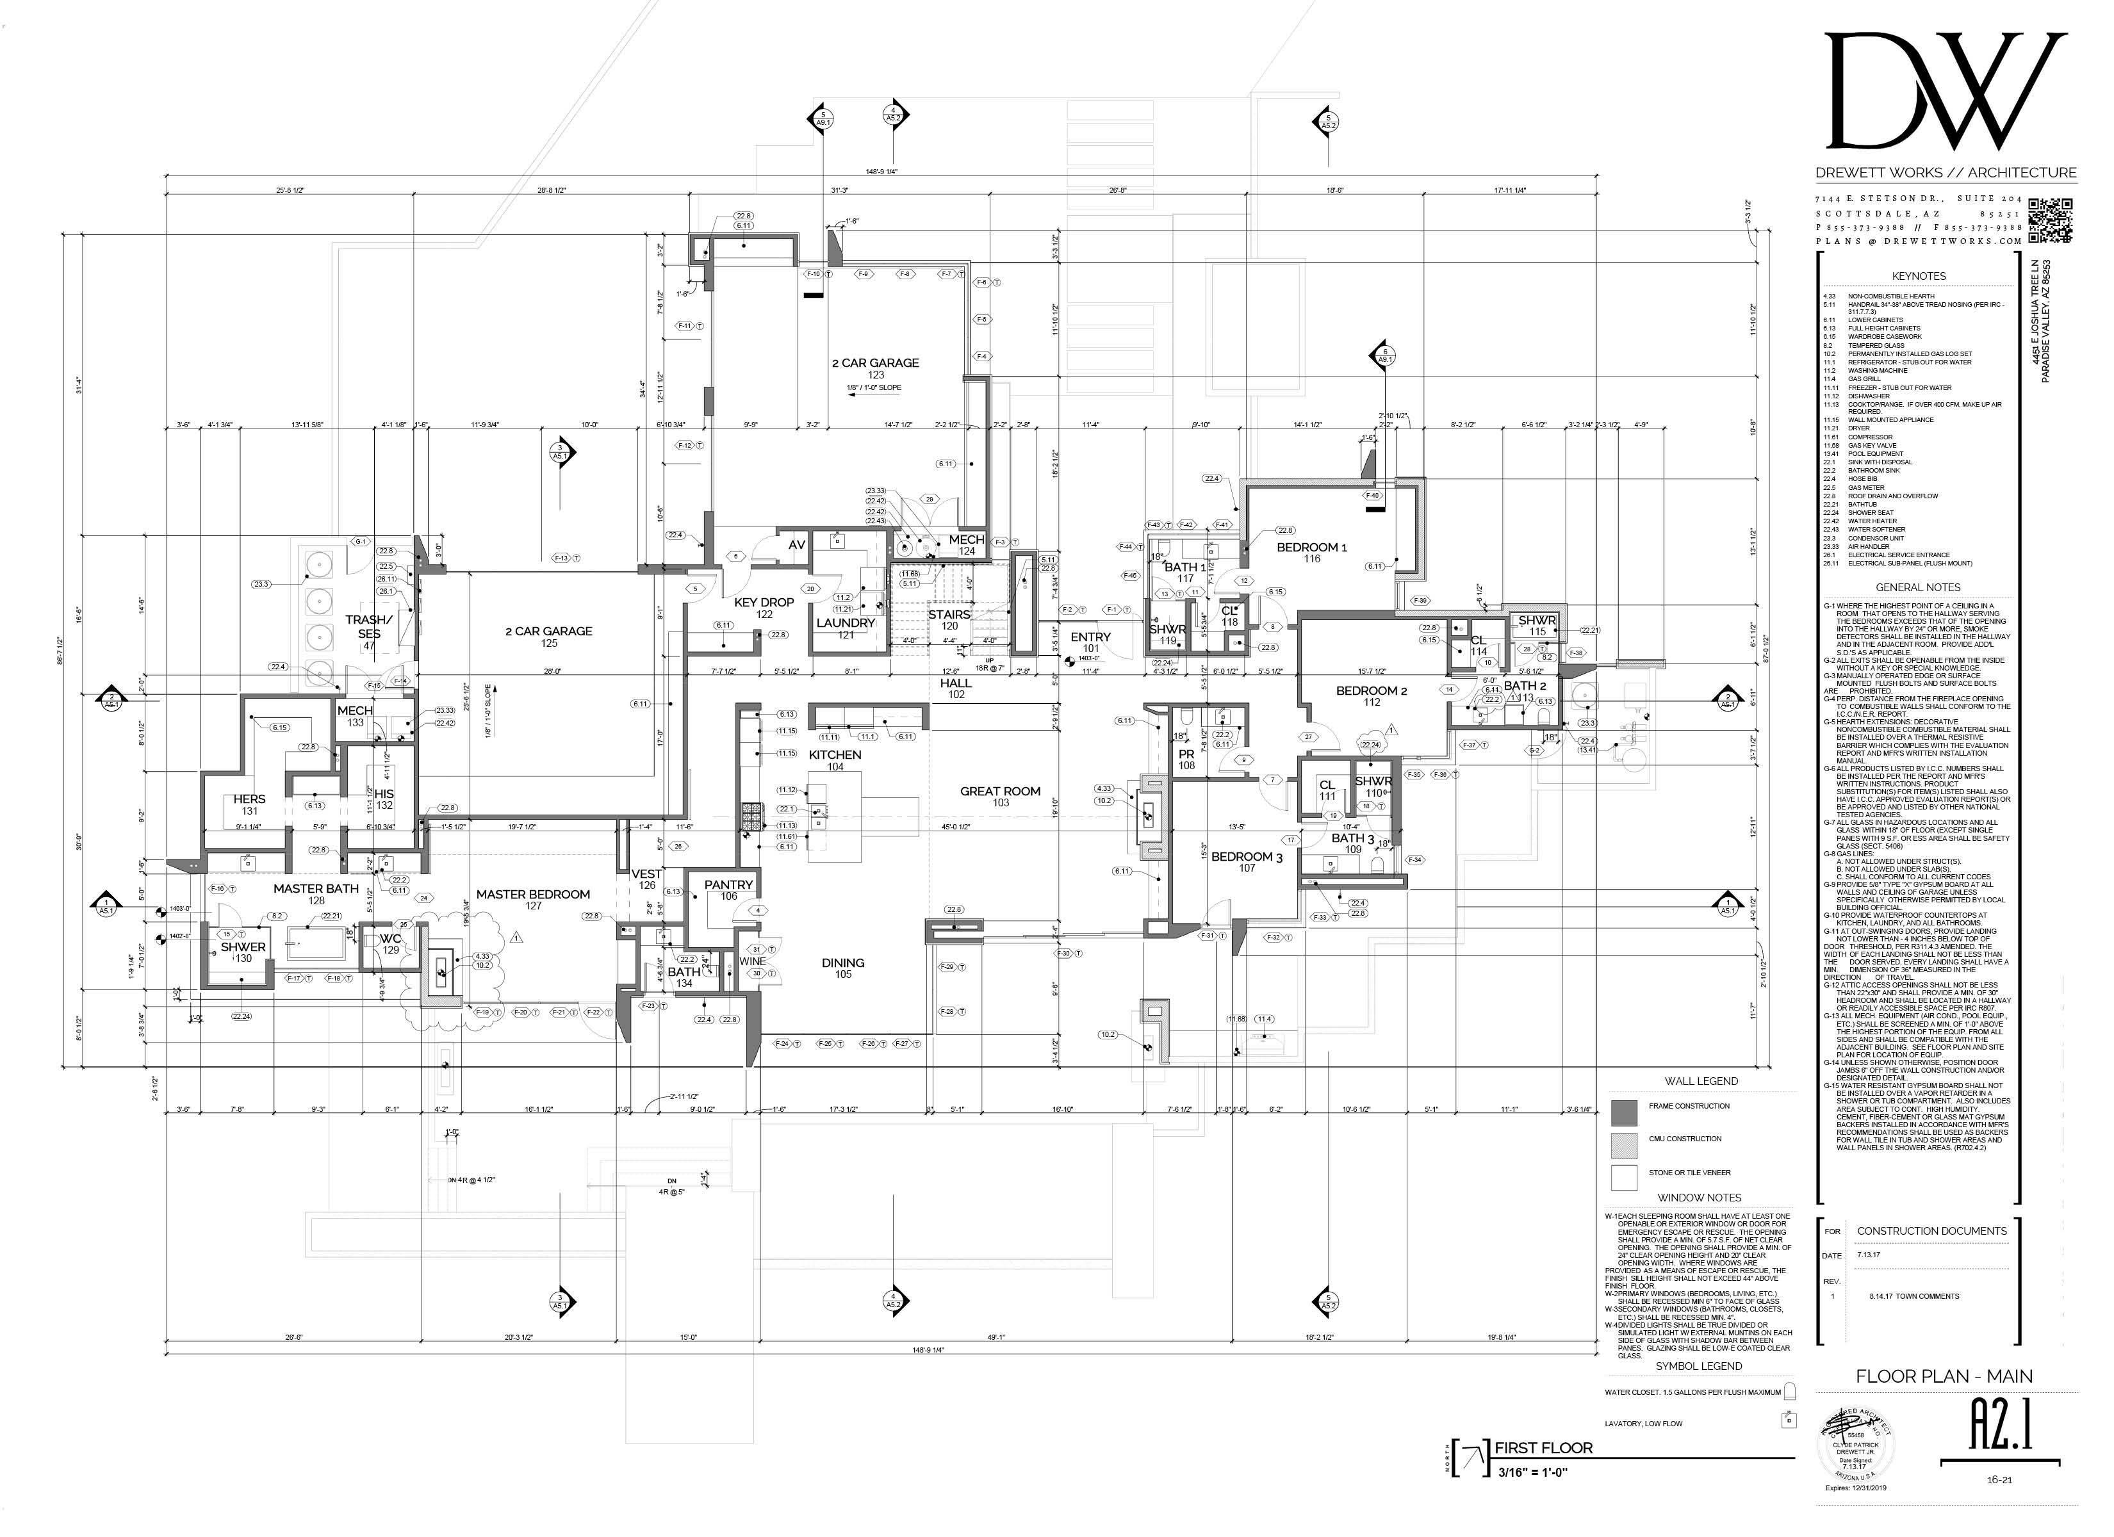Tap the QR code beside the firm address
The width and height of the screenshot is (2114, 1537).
click(x=2051, y=219)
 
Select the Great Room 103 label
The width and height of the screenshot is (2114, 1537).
click(x=1000, y=796)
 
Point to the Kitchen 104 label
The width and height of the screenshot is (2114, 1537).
click(x=835, y=760)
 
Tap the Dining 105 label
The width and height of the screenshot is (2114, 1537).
click(x=842, y=968)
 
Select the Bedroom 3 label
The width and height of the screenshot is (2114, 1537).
click(x=1247, y=861)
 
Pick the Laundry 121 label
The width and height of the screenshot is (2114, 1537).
click(x=846, y=628)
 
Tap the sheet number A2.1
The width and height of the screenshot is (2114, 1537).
click(x=2000, y=1426)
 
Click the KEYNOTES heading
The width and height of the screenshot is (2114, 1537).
click(x=1918, y=276)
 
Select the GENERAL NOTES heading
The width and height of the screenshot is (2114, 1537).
click(x=1918, y=587)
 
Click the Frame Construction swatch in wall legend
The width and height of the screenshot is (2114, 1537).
click(x=1625, y=1112)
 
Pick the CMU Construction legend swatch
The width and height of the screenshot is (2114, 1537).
click(x=1625, y=1144)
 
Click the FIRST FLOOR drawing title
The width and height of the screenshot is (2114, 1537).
click(x=1544, y=1447)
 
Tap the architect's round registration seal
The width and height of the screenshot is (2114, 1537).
click(x=1856, y=1443)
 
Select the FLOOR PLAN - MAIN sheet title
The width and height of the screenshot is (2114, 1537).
click(x=1944, y=1376)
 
